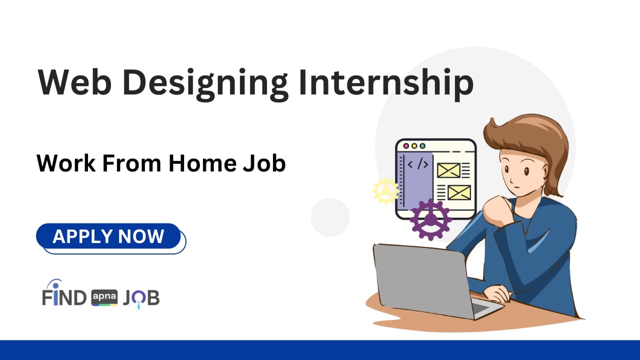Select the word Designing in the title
205,83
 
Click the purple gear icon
430,219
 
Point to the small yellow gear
385,191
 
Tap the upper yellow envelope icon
448,170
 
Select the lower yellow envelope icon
459,192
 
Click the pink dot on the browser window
406,145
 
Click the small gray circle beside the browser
330,217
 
